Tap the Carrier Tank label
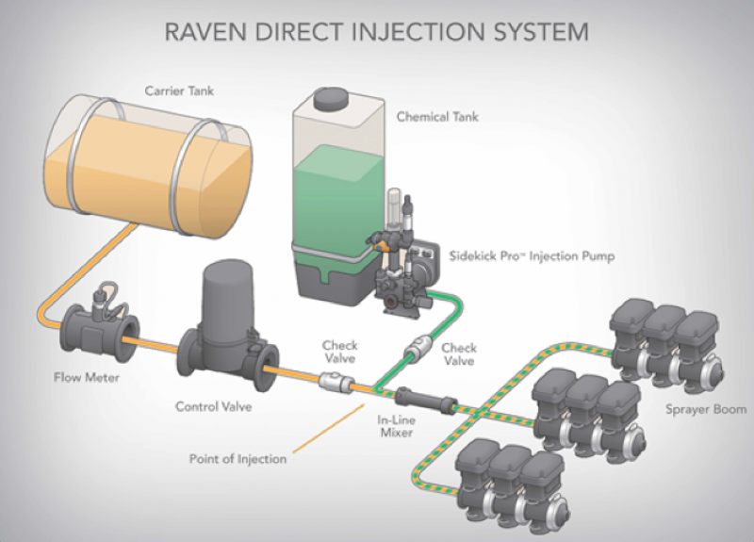179,90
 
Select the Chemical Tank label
437,118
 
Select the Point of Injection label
236,460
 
